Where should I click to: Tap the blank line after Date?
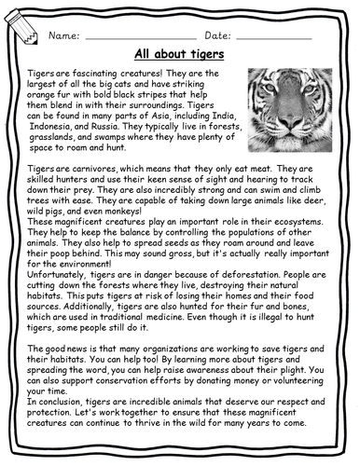[x=275, y=37]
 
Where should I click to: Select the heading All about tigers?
[x=179, y=55]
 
